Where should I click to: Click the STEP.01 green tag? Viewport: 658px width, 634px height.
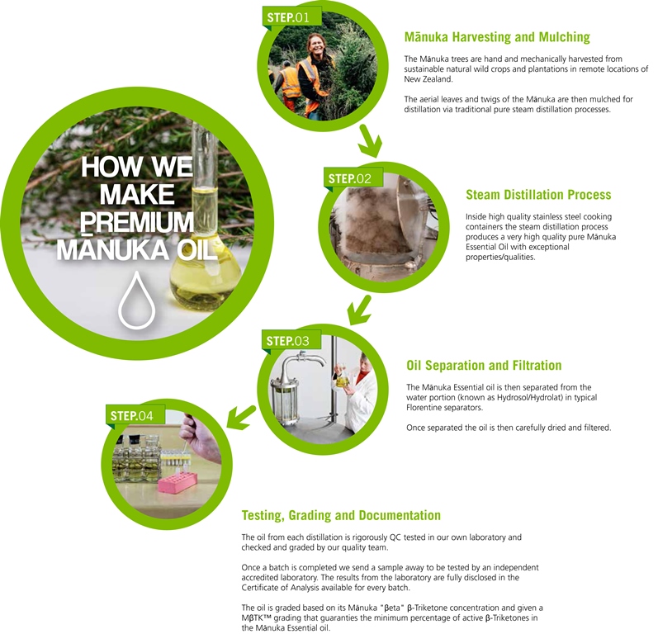[x=288, y=17]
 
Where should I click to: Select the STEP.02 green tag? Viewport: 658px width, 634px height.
[x=350, y=178]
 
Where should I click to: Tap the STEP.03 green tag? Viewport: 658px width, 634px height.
[x=288, y=340]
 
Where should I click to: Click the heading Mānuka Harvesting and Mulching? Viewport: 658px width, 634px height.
[x=497, y=37]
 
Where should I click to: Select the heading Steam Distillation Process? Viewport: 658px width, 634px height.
[x=538, y=195]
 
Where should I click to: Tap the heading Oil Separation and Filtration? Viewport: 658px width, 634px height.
[x=484, y=365]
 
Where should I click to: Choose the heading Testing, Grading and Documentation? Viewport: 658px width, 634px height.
[x=341, y=515]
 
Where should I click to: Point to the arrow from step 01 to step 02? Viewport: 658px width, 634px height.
[x=370, y=143]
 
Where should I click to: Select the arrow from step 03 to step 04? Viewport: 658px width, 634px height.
[x=241, y=416]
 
